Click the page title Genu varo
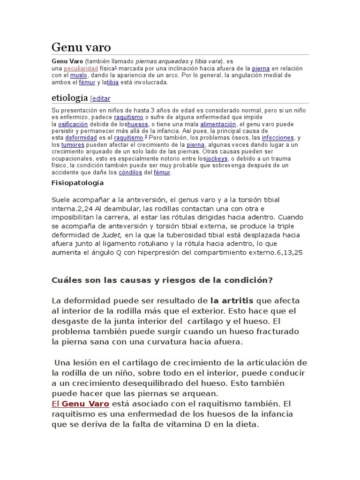point(81,47)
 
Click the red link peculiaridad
point(81,68)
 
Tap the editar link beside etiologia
point(102,99)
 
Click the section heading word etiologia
point(69,98)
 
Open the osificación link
point(73,124)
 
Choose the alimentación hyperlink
point(218,124)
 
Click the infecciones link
point(278,138)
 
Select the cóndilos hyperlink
point(130,172)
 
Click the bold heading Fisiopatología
point(77,183)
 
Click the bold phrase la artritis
point(232,300)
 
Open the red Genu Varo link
point(85,404)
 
